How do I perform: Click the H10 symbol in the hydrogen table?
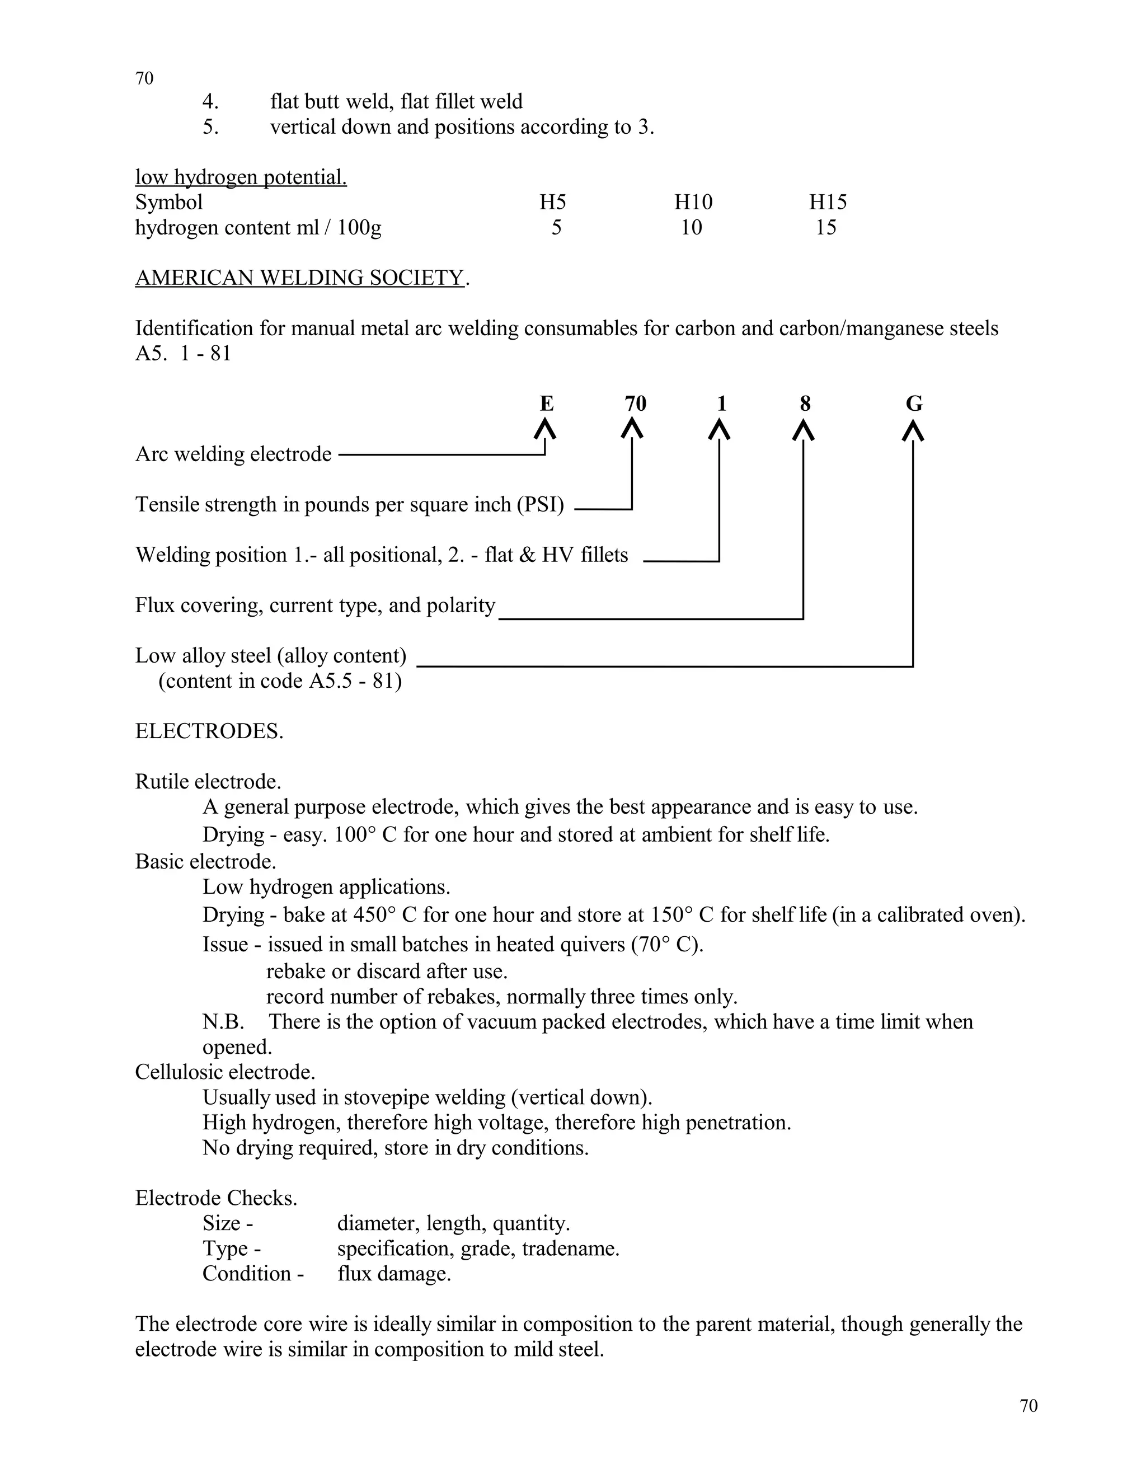[x=693, y=203]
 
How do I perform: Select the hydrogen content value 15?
[x=825, y=227]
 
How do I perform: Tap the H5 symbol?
[x=553, y=203]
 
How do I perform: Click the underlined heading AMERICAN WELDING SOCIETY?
[x=299, y=278]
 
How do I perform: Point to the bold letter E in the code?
[x=547, y=404]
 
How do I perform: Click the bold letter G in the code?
[x=914, y=404]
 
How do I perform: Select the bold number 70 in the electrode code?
[x=636, y=404]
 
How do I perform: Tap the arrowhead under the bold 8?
[x=804, y=430]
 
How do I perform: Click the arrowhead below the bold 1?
[x=720, y=430]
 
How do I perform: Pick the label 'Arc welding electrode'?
[x=233, y=454]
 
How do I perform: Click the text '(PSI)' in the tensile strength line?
[x=540, y=505]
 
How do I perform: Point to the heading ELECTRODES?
[x=209, y=731]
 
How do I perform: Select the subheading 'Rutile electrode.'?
[x=208, y=782]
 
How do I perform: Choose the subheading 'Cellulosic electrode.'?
[x=225, y=1072]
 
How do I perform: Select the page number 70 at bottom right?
[x=1028, y=1406]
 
